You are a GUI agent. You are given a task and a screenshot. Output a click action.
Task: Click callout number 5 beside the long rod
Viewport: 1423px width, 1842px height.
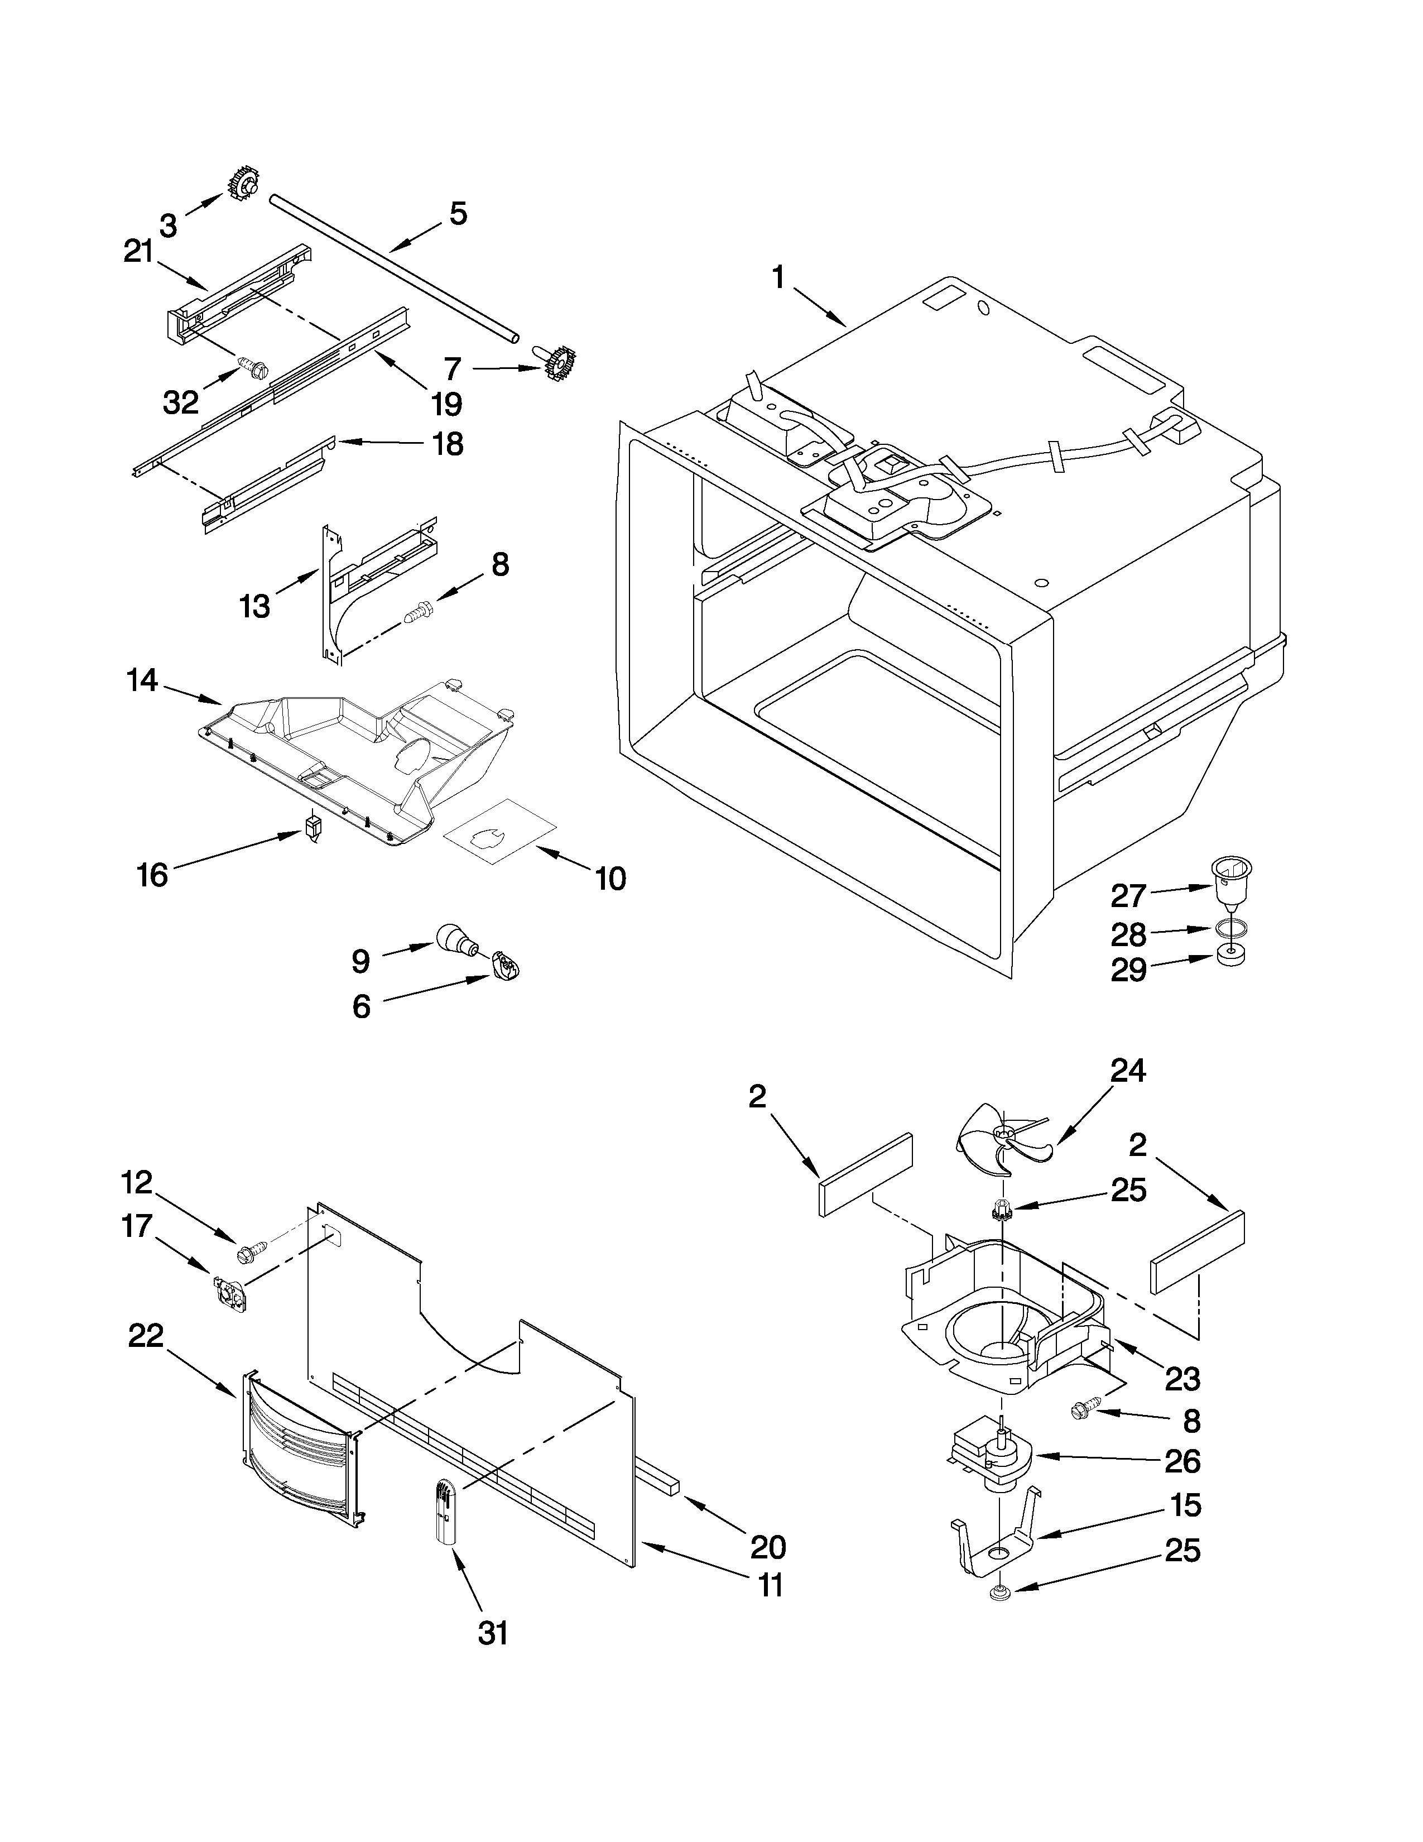[458, 214]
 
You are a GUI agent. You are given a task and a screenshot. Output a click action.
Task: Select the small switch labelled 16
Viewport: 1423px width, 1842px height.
[314, 827]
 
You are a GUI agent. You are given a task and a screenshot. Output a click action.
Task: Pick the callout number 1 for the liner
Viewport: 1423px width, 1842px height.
[777, 277]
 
